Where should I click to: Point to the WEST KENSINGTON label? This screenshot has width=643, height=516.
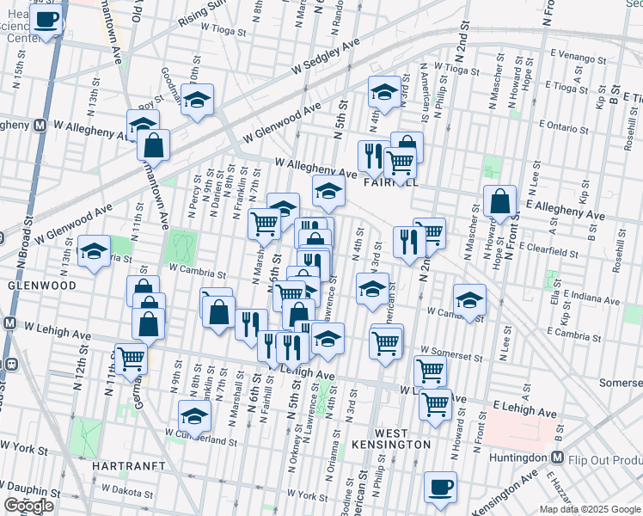click(389, 444)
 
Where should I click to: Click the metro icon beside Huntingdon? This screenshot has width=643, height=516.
click(557, 458)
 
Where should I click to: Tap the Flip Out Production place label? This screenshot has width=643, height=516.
click(607, 458)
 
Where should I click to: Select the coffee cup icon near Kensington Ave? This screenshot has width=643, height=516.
click(441, 487)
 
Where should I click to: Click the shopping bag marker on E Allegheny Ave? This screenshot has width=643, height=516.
click(499, 202)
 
